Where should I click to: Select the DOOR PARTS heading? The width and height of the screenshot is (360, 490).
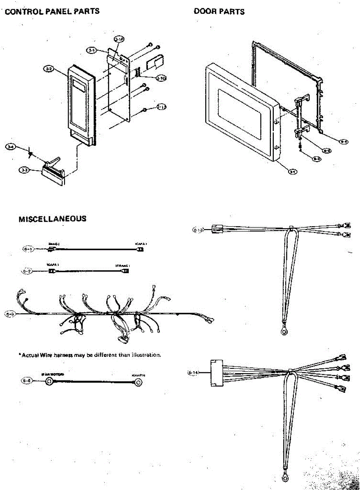(219, 11)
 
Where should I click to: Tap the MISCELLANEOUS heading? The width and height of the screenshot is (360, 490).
(53, 219)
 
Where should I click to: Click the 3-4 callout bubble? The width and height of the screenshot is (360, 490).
(11, 146)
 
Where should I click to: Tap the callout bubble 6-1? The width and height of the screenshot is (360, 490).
(27, 249)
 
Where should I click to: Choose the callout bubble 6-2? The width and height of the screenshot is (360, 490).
(27, 270)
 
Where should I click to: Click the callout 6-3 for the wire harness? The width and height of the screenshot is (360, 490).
(11, 314)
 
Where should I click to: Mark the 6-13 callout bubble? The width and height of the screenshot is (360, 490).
(198, 229)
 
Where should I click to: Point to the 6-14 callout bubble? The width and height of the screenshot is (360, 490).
(193, 372)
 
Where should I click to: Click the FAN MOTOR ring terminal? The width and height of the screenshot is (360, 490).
(49, 382)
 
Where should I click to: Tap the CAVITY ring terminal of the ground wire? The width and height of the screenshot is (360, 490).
(138, 383)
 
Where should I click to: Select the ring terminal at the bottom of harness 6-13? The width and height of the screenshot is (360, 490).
(284, 332)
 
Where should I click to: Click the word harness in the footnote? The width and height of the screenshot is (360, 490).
(63, 355)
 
